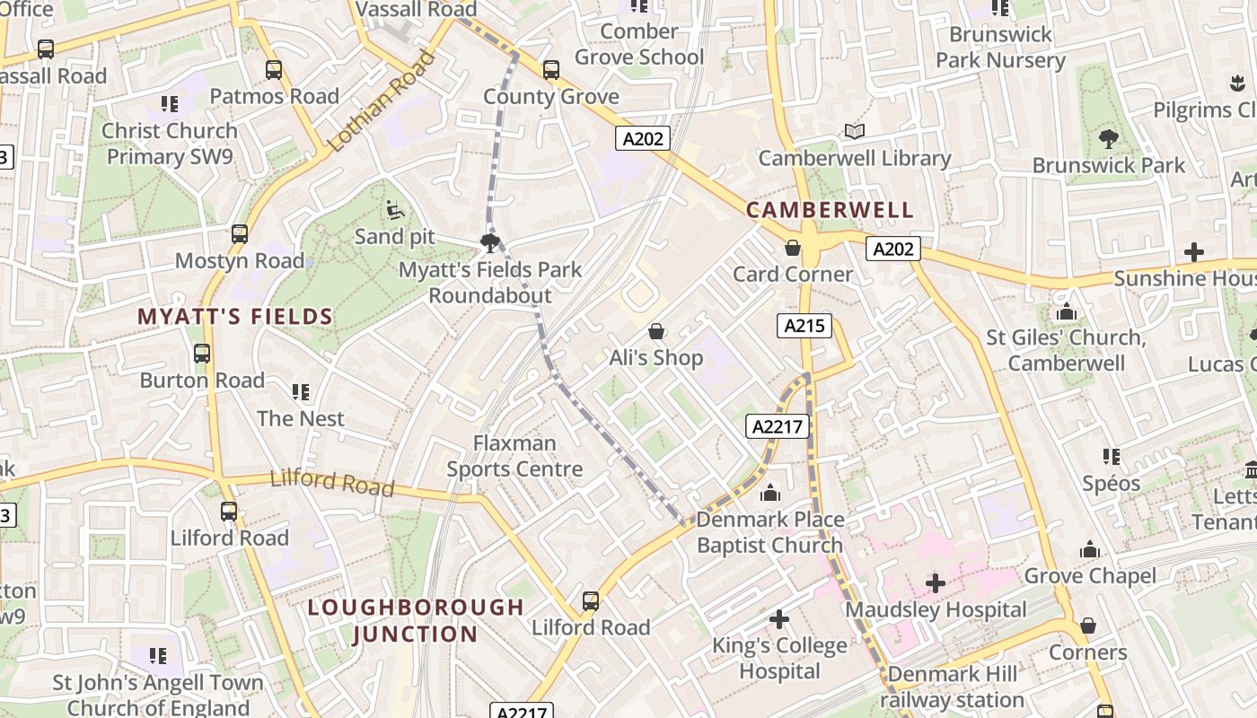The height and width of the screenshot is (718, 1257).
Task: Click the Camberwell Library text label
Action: click(854, 158)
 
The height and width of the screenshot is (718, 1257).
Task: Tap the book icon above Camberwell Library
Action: click(855, 132)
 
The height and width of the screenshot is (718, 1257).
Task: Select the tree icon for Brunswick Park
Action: click(1108, 139)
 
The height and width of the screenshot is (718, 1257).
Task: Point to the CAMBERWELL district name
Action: click(830, 210)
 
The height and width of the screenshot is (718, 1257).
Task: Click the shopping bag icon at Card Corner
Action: click(793, 248)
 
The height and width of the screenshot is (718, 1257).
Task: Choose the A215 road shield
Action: click(804, 326)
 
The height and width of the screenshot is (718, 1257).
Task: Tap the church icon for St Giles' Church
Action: click(1067, 312)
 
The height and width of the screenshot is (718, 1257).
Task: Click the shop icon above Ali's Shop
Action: click(656, 331)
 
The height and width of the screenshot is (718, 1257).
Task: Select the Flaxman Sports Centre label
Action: click(514, 456)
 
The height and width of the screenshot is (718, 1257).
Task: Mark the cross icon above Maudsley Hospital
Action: click(936, 584)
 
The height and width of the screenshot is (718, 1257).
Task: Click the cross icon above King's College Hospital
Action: click(778, 619)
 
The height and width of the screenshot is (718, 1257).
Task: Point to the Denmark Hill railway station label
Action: click(952, 687)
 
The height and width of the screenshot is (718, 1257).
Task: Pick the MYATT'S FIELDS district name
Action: click(235, 316)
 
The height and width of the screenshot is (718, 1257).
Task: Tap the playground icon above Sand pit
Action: click(393, 210)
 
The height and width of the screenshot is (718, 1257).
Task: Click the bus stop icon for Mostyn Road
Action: click(240, 234)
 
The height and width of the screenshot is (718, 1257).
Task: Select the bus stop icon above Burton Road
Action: click(202, 354)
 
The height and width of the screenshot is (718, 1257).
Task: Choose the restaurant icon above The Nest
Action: click(300, 392)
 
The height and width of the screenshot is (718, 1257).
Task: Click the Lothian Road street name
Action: click(381, 101)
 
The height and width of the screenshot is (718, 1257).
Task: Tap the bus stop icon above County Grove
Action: click(551, 70)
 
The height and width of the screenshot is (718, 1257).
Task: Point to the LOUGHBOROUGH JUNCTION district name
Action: click(416, 620)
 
